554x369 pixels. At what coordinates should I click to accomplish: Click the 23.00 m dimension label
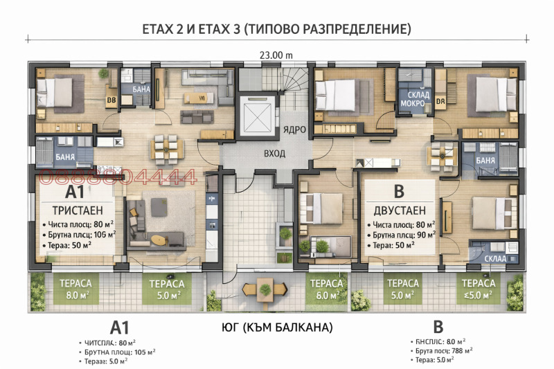tap(276, 55)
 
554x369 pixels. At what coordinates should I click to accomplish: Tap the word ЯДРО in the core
tap(294, 129)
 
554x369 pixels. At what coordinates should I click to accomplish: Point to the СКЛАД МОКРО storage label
tap(413, 100)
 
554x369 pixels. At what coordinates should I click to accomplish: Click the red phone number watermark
tap(118, 178)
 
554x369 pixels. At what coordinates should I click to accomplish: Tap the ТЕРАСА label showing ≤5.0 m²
tap(479, 288)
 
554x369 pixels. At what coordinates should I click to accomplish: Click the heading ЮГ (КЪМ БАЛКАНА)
tap(276, 327)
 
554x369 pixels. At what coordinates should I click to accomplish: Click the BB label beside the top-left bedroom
tap(110, 101)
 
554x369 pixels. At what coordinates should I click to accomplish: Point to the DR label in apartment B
tap(440, 101)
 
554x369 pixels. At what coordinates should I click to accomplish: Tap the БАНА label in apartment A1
tap(141, 89)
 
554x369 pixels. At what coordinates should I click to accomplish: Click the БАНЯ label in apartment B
tap(485, 161)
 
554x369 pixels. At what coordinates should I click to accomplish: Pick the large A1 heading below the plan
tap(120, 327)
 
